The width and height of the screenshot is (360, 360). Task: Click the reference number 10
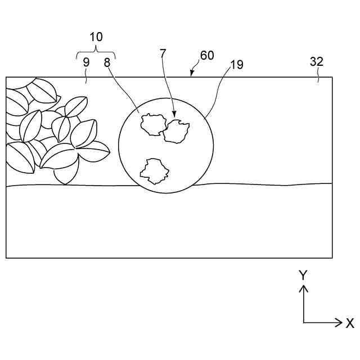pyautogui.click(x=96, y=37)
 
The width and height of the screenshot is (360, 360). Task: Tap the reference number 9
pyautogui.click(x=86, y=62)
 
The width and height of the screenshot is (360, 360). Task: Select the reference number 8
pyautogui.click(x=107, y=62)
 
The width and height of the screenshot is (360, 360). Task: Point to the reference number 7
pyautogui.click(x=163, y=54)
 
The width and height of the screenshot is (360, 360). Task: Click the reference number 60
pyautogui.click(x=207, y=56)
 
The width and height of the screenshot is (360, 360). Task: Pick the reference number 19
pyautogui.click(x=237, y=65)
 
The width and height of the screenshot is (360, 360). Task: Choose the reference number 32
pyautogui.click(x=317, y=62)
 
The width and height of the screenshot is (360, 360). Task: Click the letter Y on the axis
pyautogui.click(x=303, y=275)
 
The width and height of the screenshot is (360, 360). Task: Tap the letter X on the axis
pyautogui.click(x=350, y=323)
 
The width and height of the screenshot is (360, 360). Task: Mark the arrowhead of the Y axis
pyautogui.click(x=304, y=287)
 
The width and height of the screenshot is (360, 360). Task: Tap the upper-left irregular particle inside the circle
pyautogui.click(x=152, y=124)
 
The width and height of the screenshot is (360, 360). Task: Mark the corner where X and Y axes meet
pyautogui.click(x=304, y=323)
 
